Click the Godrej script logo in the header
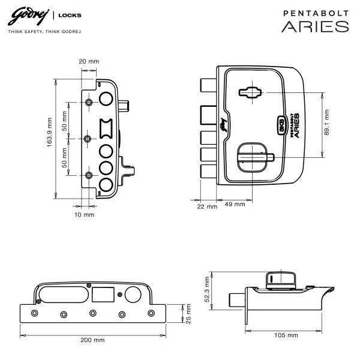pyautogui.click(x=28, y=17)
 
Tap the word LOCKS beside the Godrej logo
pyautogui.click(x=70, y=16)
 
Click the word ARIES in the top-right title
pyautogui.click(x=315, y=26)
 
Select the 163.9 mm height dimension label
pyautogui.click(x=50, y=133)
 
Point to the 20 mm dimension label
pyautogui.click(x=89, y=62)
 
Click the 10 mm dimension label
pyautogui.click(x=84, y=215)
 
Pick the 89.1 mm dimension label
pyautogui.click(x=327, y=122)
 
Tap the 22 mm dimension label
pyautogui.click(x=207, y=206)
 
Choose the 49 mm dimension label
pyautogui.click(x=235, y=204)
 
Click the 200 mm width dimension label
pyautogui.click(x=92, y=340)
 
